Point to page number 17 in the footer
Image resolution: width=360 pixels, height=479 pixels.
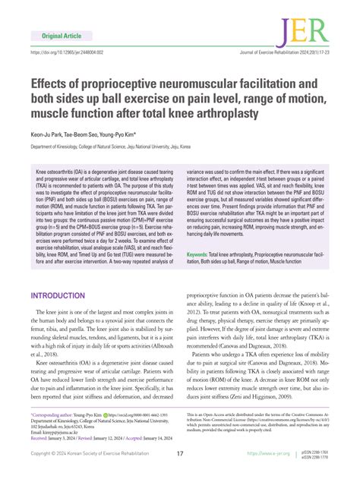click(x=180, y=454)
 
